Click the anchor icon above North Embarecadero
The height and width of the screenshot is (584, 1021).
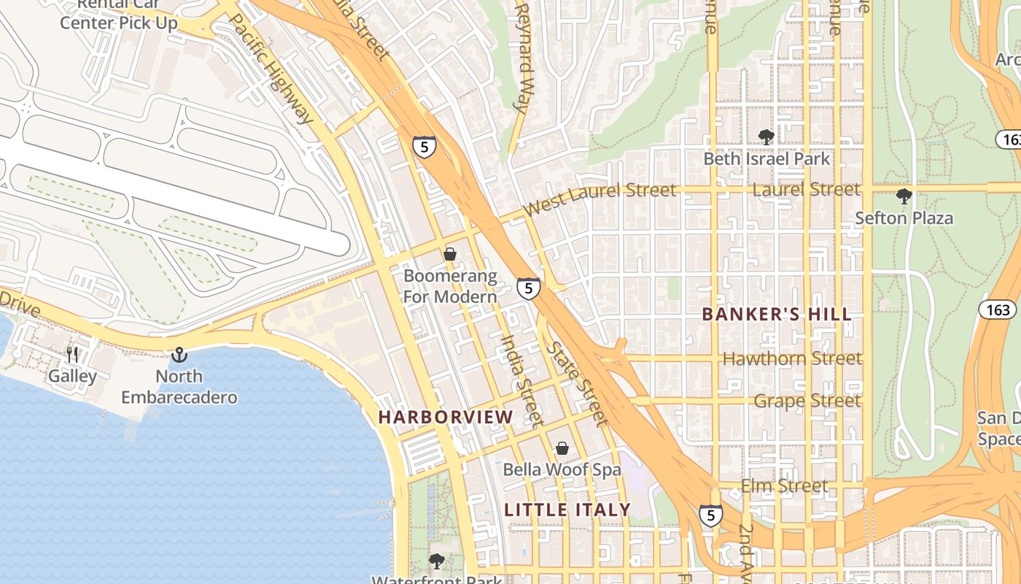[x=179, y=355]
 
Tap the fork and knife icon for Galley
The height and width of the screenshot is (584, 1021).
[x=72, y=355]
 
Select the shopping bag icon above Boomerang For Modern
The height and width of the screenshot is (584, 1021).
[x=450, y=254]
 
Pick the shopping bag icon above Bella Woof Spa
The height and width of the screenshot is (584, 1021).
[x=562, y=447]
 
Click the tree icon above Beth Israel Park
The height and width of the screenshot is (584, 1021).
[x=766, y=137]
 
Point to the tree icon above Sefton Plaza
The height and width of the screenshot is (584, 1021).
[x=904, y=196]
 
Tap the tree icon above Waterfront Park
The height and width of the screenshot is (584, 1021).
[x=436, y=561]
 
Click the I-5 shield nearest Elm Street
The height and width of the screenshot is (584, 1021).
[x=711, y=515]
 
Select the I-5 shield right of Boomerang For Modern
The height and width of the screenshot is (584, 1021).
[x=529, y=288]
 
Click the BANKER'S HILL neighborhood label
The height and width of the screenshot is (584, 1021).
[x=776, y=315]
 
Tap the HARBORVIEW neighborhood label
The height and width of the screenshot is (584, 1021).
[x=446, y=417]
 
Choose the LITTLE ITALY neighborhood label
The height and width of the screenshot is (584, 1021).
[x=567, y=510]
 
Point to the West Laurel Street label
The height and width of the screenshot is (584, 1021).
[x=599, y=199]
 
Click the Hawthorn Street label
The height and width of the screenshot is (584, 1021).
[x=792, y=358]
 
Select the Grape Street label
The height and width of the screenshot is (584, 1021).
[x=807, y=401]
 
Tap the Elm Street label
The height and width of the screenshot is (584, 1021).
[x=784, y=485]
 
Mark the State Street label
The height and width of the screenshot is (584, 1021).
[x=577, y=384]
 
